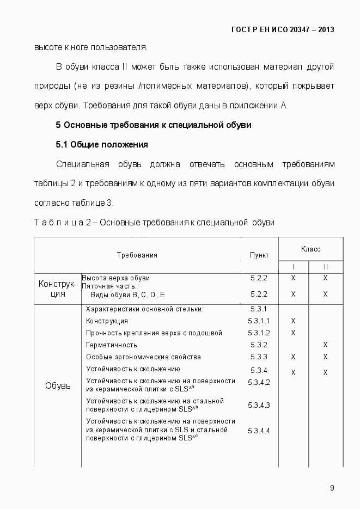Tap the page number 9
click(x=332, y=487)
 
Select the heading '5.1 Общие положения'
click(x=102, y=145)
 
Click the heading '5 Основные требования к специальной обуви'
click(x=153, y=125)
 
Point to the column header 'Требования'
click(x=137, y=255)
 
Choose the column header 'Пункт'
click(x=259, y=255)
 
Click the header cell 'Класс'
click(x=310, y=249)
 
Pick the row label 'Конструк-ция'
click(x=57, y=289)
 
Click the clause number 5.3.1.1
click(x=259, y=321)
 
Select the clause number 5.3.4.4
click(x=259, y=431)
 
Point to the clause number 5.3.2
click(x=259, y=345)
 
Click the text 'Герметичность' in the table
click(x=112, y=345)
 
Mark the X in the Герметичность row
click(x=325, y=345)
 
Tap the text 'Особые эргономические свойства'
click(x=143, y=357)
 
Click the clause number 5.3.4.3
click(x=259, y=405)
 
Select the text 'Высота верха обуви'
click(x=115, y=278)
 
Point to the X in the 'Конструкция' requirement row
click(x=293, y=321)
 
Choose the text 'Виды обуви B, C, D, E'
click(x=127, y=295)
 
